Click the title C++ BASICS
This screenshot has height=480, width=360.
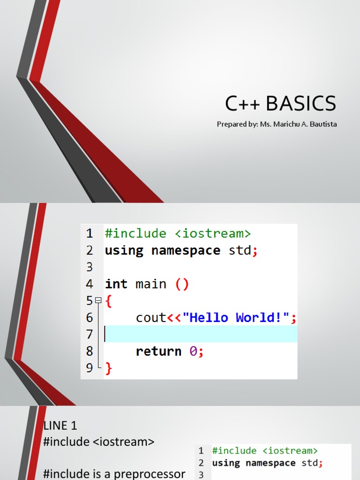(x=280, y=104)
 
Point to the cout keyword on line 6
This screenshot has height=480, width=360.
(x=151, y=318)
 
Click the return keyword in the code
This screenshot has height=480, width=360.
(x=158, y=351)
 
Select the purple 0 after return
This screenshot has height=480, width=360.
(x=193, y=351)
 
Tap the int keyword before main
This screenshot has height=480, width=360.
(x=116, y=284)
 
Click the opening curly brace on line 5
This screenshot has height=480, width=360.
(x=108, y=301)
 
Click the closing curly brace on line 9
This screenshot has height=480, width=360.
(x=108, y=368)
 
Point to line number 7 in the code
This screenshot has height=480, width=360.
(x=90, y=335)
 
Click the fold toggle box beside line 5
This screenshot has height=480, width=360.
(x=97, y=300)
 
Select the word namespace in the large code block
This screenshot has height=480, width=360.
(x=186, y=250)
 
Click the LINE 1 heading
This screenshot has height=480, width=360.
(x=60, y=426)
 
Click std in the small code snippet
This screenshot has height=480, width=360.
(x=309, y=463)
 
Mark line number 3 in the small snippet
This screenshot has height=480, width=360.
(x=201, y=475)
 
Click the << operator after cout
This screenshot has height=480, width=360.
(x=174, y=318)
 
